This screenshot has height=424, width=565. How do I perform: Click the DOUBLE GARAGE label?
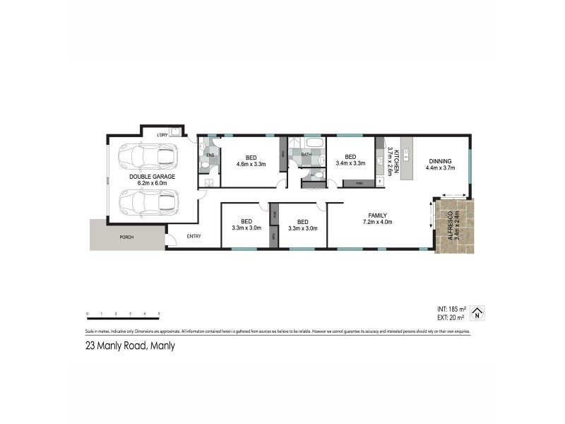(151, 176)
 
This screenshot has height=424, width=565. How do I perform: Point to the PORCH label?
(126, 237)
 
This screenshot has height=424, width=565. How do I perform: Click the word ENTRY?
(194, 237)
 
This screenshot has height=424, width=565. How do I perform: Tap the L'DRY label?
(162, 134)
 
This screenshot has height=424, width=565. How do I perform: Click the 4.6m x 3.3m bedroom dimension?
(251, 164)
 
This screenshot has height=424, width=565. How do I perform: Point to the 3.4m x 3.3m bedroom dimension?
(350, 164)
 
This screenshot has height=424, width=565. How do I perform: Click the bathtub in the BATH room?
(311, 144)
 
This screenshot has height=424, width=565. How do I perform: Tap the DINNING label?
(439, 160)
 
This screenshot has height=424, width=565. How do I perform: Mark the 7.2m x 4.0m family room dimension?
(377, 222)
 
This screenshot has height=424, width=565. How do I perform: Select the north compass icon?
(477, 312)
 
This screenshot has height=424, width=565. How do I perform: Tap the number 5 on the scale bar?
(159, 312)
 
